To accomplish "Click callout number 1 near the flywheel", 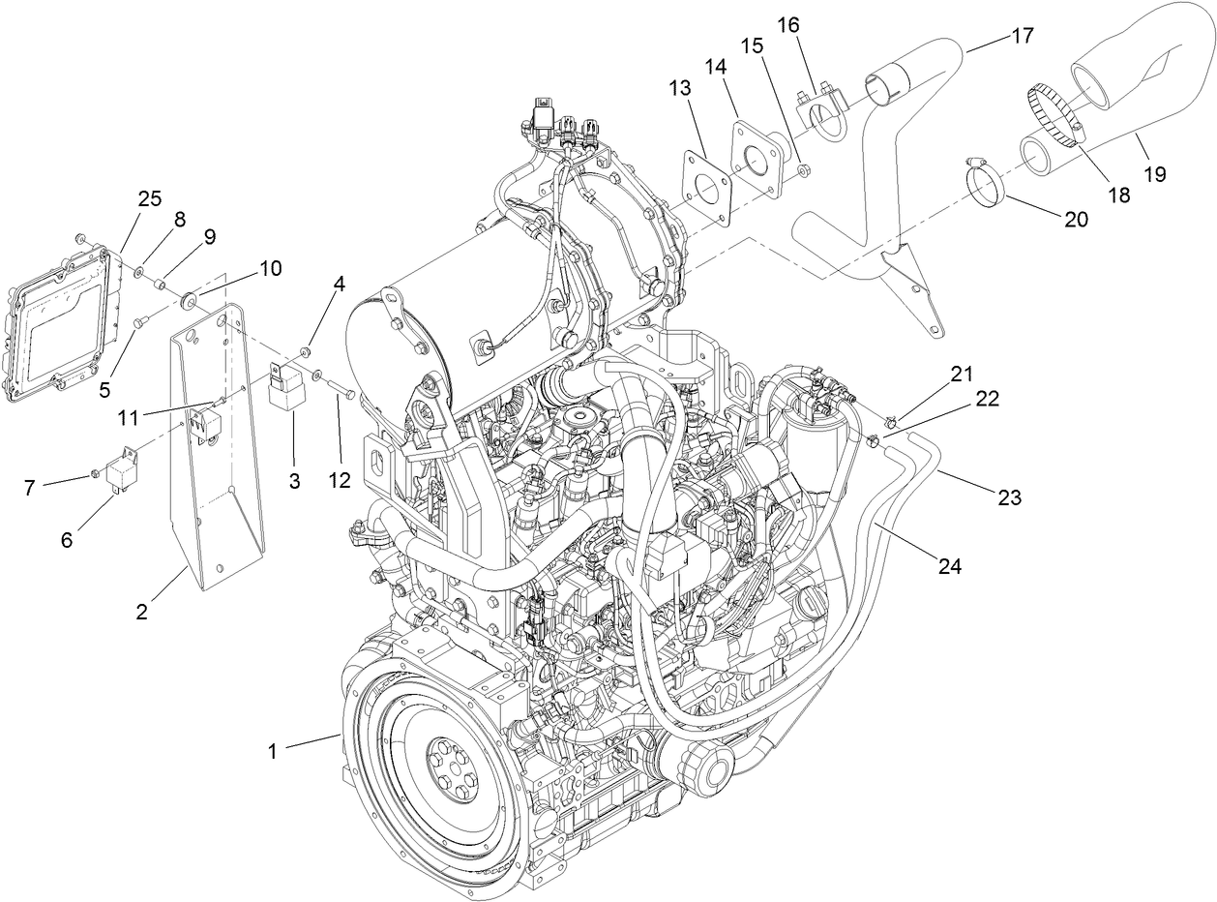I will (x=273, y=750).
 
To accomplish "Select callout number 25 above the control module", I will (x=149, y=199).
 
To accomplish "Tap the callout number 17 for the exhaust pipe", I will (x=1022, y=37).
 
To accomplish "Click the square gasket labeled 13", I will (x=706, y=185).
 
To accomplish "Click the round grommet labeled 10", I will (x=187, y=295).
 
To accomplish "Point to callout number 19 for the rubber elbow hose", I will (x=1153, y=174).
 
